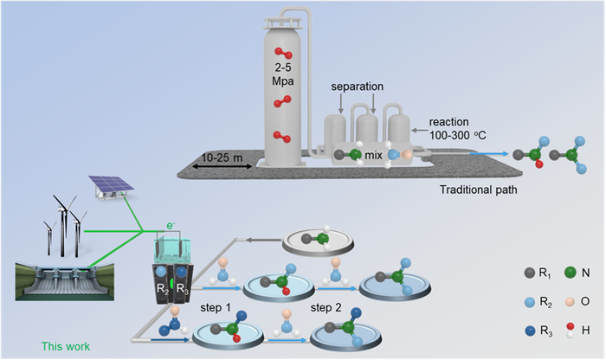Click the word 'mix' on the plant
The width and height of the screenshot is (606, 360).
pos(373,157)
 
